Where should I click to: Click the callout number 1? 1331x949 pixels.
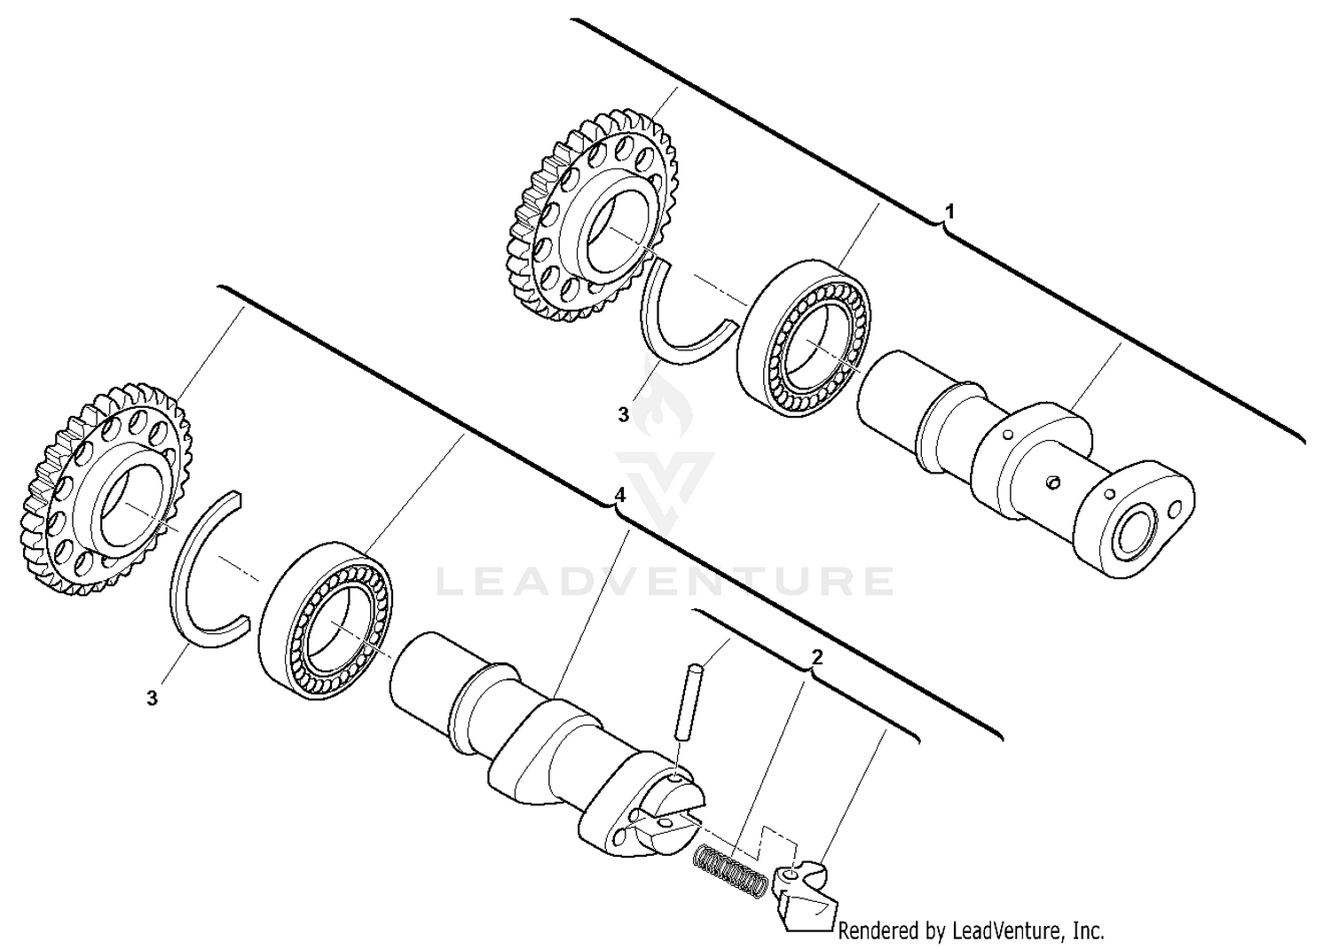(x=949, y=212)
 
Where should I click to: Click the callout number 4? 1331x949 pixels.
(x=620, y=494)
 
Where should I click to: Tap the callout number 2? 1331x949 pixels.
(x=817, y=657)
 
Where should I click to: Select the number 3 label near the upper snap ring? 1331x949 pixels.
(x=623, y=414)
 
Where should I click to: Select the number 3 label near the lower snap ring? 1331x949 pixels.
(x=153, y=699)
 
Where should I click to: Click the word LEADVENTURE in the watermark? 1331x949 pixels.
(x=665, y=581)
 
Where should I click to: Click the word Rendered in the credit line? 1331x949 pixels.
(x=875, y=931)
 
